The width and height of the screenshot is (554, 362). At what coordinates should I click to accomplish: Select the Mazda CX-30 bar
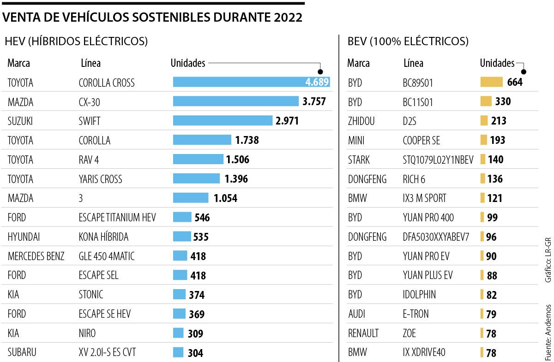235,101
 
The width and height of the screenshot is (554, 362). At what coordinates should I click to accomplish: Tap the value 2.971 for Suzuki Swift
287,121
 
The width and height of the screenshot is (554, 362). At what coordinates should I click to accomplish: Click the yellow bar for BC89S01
491,82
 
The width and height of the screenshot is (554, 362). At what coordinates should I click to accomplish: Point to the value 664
514,82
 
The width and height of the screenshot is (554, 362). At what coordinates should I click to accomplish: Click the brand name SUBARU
22,352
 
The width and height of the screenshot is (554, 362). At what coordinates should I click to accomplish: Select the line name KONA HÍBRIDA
103,237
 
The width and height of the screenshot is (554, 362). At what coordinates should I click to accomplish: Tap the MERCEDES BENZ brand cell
36,256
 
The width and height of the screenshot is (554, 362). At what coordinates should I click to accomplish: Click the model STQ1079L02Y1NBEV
438,160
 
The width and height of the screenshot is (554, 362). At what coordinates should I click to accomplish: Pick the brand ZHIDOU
361,121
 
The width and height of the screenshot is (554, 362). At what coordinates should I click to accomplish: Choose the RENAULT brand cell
363,333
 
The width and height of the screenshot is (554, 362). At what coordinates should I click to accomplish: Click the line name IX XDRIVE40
424,352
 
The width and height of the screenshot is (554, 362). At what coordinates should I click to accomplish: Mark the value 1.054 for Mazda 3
225,198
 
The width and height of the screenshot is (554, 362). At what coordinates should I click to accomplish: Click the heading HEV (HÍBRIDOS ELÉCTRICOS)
76,42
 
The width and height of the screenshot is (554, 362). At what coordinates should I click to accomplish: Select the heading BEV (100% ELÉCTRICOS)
408,42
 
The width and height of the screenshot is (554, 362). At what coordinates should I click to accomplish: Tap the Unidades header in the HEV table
188,63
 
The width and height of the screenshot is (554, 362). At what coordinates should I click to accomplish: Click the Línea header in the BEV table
413,63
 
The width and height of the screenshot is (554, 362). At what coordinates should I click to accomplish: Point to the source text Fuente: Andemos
548,332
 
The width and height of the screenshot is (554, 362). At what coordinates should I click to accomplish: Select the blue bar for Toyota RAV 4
198,160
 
